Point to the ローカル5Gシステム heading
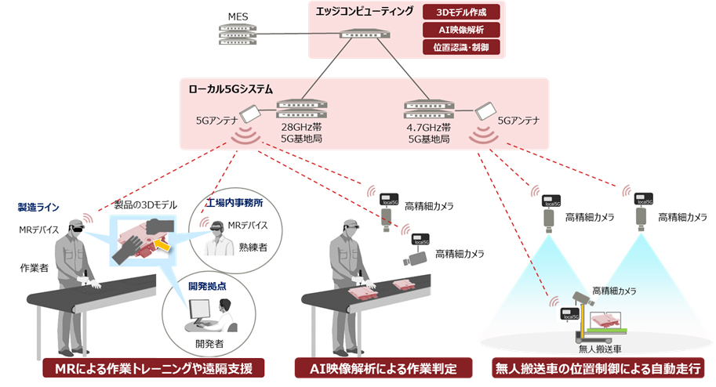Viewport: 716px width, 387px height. tap(230, 89)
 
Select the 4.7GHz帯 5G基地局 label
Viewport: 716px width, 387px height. tap(429, 132)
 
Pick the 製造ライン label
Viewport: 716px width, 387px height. tap(38, 208)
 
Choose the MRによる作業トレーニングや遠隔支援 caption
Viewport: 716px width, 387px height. tap(153, 368)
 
